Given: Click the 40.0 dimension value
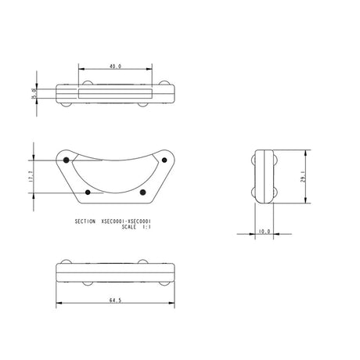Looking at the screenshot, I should pyautogui.click(x=115, y=66).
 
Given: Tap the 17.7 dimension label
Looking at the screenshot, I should pyautogui.click(x=30, y=177).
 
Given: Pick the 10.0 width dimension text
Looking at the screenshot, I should pyautogui.click(x=264, y=232).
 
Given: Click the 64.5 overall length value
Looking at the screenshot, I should pyautogui.click(x=114, y=298).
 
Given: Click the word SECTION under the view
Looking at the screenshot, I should pyautogui.click(x=85, y=221).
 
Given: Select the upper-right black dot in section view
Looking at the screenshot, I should pyautogui.click(x=165, y=160).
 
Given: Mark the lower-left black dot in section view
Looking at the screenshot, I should pyautogui.click(x=88, y=192).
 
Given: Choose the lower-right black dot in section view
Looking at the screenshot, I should pyautogui.click(x=142, y=192).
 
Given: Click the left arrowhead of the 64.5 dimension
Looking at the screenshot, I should pyautogui.click(x=59, y=304).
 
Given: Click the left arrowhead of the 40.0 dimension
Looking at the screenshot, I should pyautogui.click(x=81, y=71).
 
